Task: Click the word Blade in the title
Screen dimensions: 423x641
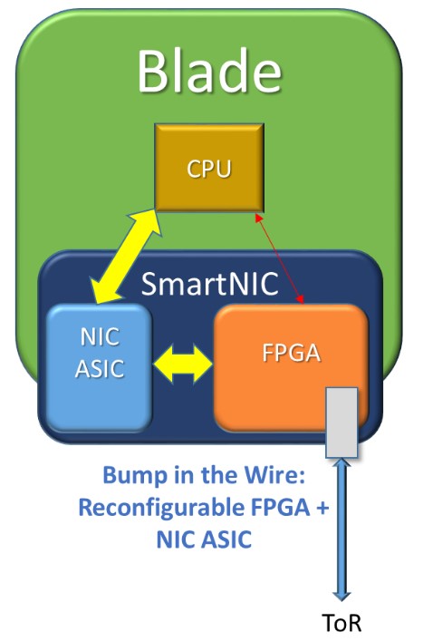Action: [209, 70]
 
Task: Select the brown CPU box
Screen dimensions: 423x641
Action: [209, 168]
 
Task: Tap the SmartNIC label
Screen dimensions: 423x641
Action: [209, 283]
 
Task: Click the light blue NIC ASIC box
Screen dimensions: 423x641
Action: [99, 368]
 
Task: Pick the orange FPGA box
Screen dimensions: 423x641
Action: [292, 368]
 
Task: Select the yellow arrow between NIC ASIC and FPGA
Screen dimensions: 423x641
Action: [183, 364]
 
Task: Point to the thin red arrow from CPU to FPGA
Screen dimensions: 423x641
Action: [280, 258]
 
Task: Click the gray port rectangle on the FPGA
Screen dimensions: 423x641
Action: [341, 422]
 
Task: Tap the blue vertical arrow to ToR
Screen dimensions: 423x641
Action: [341, 529]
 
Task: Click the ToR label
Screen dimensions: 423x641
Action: [341, 624]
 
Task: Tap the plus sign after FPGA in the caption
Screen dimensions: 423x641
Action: [322, 508]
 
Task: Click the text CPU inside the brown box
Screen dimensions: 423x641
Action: [209, 169]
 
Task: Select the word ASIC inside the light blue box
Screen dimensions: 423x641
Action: [100, 368]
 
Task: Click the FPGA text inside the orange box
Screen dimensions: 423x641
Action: [291, 353]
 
